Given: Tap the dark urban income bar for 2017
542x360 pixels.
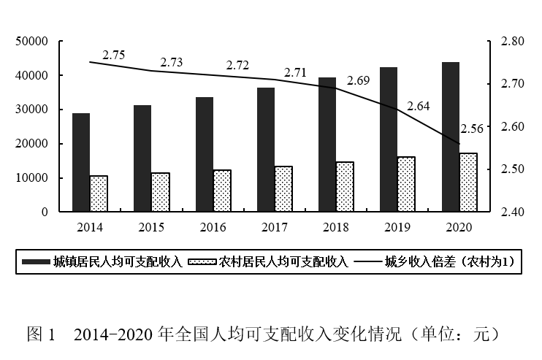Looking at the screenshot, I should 266,150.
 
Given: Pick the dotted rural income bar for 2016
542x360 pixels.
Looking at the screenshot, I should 221,191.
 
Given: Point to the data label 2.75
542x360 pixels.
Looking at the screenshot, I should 114,55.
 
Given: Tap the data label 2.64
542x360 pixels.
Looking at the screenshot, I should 419,106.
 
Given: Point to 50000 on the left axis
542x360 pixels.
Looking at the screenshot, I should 33,42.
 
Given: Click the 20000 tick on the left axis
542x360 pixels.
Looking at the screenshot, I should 33,144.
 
